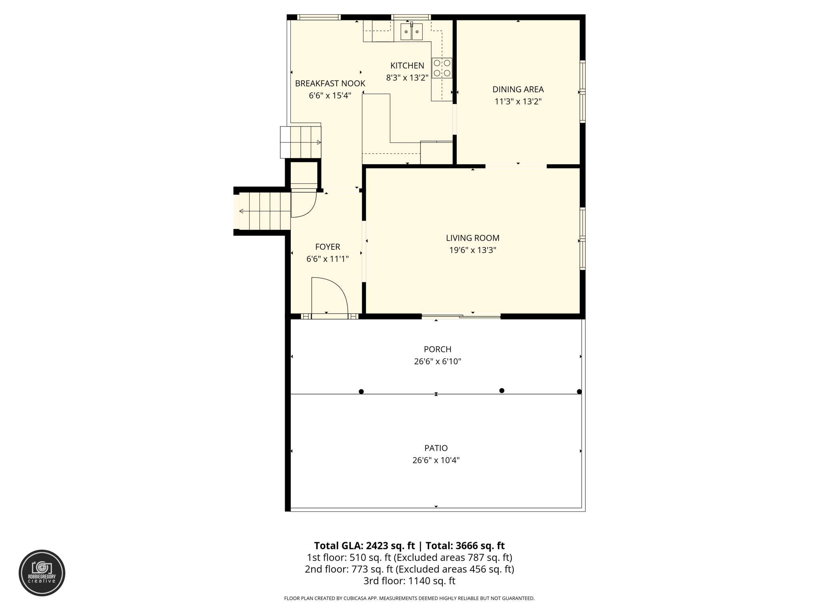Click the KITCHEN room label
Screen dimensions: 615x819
coord(407,66)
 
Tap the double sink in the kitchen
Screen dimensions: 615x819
coord(411,32)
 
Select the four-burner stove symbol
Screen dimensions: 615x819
coord(442,68)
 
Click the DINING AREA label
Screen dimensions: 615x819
coord(518,89)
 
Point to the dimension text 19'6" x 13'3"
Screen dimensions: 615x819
coord(473,250)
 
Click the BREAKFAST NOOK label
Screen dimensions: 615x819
coord(330,83)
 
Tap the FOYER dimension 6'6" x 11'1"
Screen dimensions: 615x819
coord(328,259)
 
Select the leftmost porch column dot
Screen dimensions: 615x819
coord(361,392)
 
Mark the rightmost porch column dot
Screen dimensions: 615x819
coord(579,392)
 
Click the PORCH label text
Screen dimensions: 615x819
coord(437,349)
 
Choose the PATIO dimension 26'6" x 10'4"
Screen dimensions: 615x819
coord(436,460)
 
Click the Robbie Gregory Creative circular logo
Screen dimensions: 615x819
coord(42,573)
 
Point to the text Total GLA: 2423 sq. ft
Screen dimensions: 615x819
coord(364,546)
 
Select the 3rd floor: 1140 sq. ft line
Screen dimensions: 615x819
coord(409,581)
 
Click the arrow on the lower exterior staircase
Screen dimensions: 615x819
coord(241,211)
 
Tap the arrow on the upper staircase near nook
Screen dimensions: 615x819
coord(319,143)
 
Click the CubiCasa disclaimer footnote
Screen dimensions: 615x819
coord(409,598)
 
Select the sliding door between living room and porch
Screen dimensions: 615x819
coord(461,317)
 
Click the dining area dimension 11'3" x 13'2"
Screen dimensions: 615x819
coord(518,102)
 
